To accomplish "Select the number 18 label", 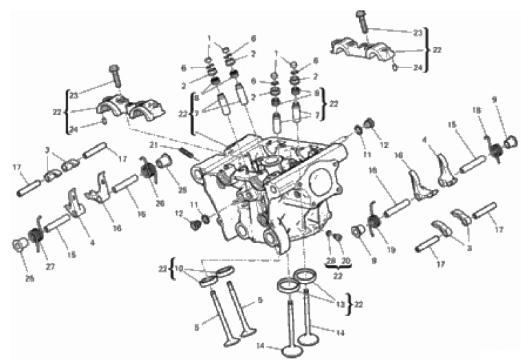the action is click(x=475, y=110).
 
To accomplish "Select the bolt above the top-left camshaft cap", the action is click(x=116, y=74).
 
